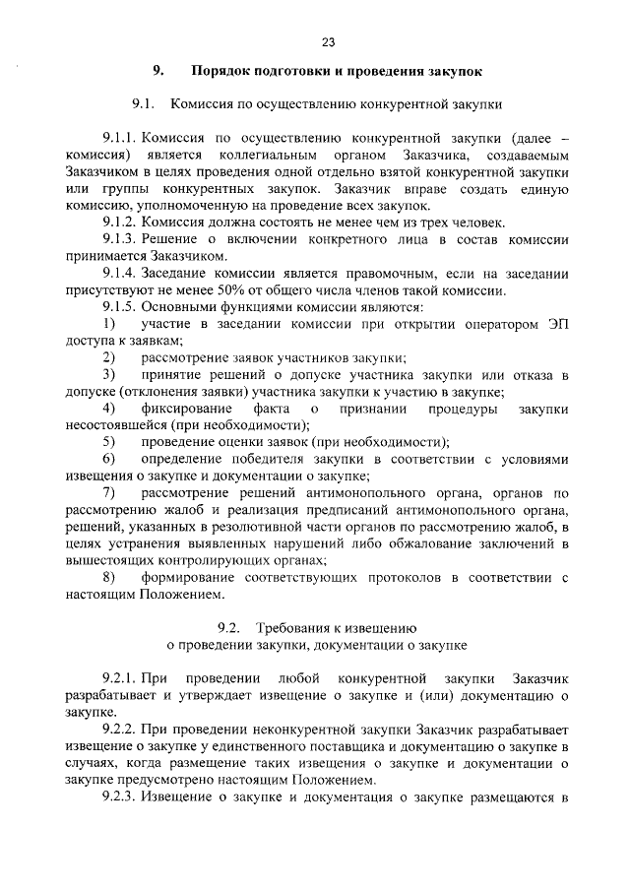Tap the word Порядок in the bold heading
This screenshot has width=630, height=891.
[x=222, y=72]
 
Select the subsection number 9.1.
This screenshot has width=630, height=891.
[x=144, y=102]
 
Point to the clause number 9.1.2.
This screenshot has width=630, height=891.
[x=122, y=222]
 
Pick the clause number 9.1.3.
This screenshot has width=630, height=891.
[x=122, y=239]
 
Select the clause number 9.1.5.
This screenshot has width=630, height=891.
[x=122, y=307]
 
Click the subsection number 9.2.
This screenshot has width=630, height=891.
[x=229, y=627]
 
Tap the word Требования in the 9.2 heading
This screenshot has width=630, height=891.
[x=296, y=627]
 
